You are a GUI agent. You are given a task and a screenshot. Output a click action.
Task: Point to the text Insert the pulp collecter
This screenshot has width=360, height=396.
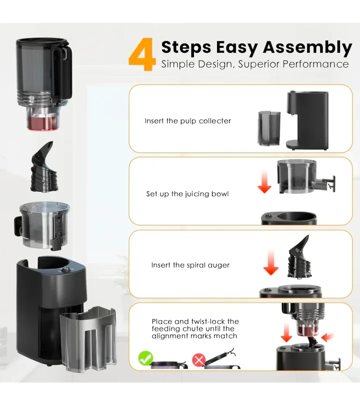pyautogui.click(x=187, y=121)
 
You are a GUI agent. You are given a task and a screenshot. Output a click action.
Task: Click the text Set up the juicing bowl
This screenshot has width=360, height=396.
pyautogui.click(x=187, y=194)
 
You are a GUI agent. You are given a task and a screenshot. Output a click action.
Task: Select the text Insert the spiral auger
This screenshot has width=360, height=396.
pyautogui.click(x=190, y=265)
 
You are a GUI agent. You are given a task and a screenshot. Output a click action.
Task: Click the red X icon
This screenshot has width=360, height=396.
pyautogui.click(x=198, y=359)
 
